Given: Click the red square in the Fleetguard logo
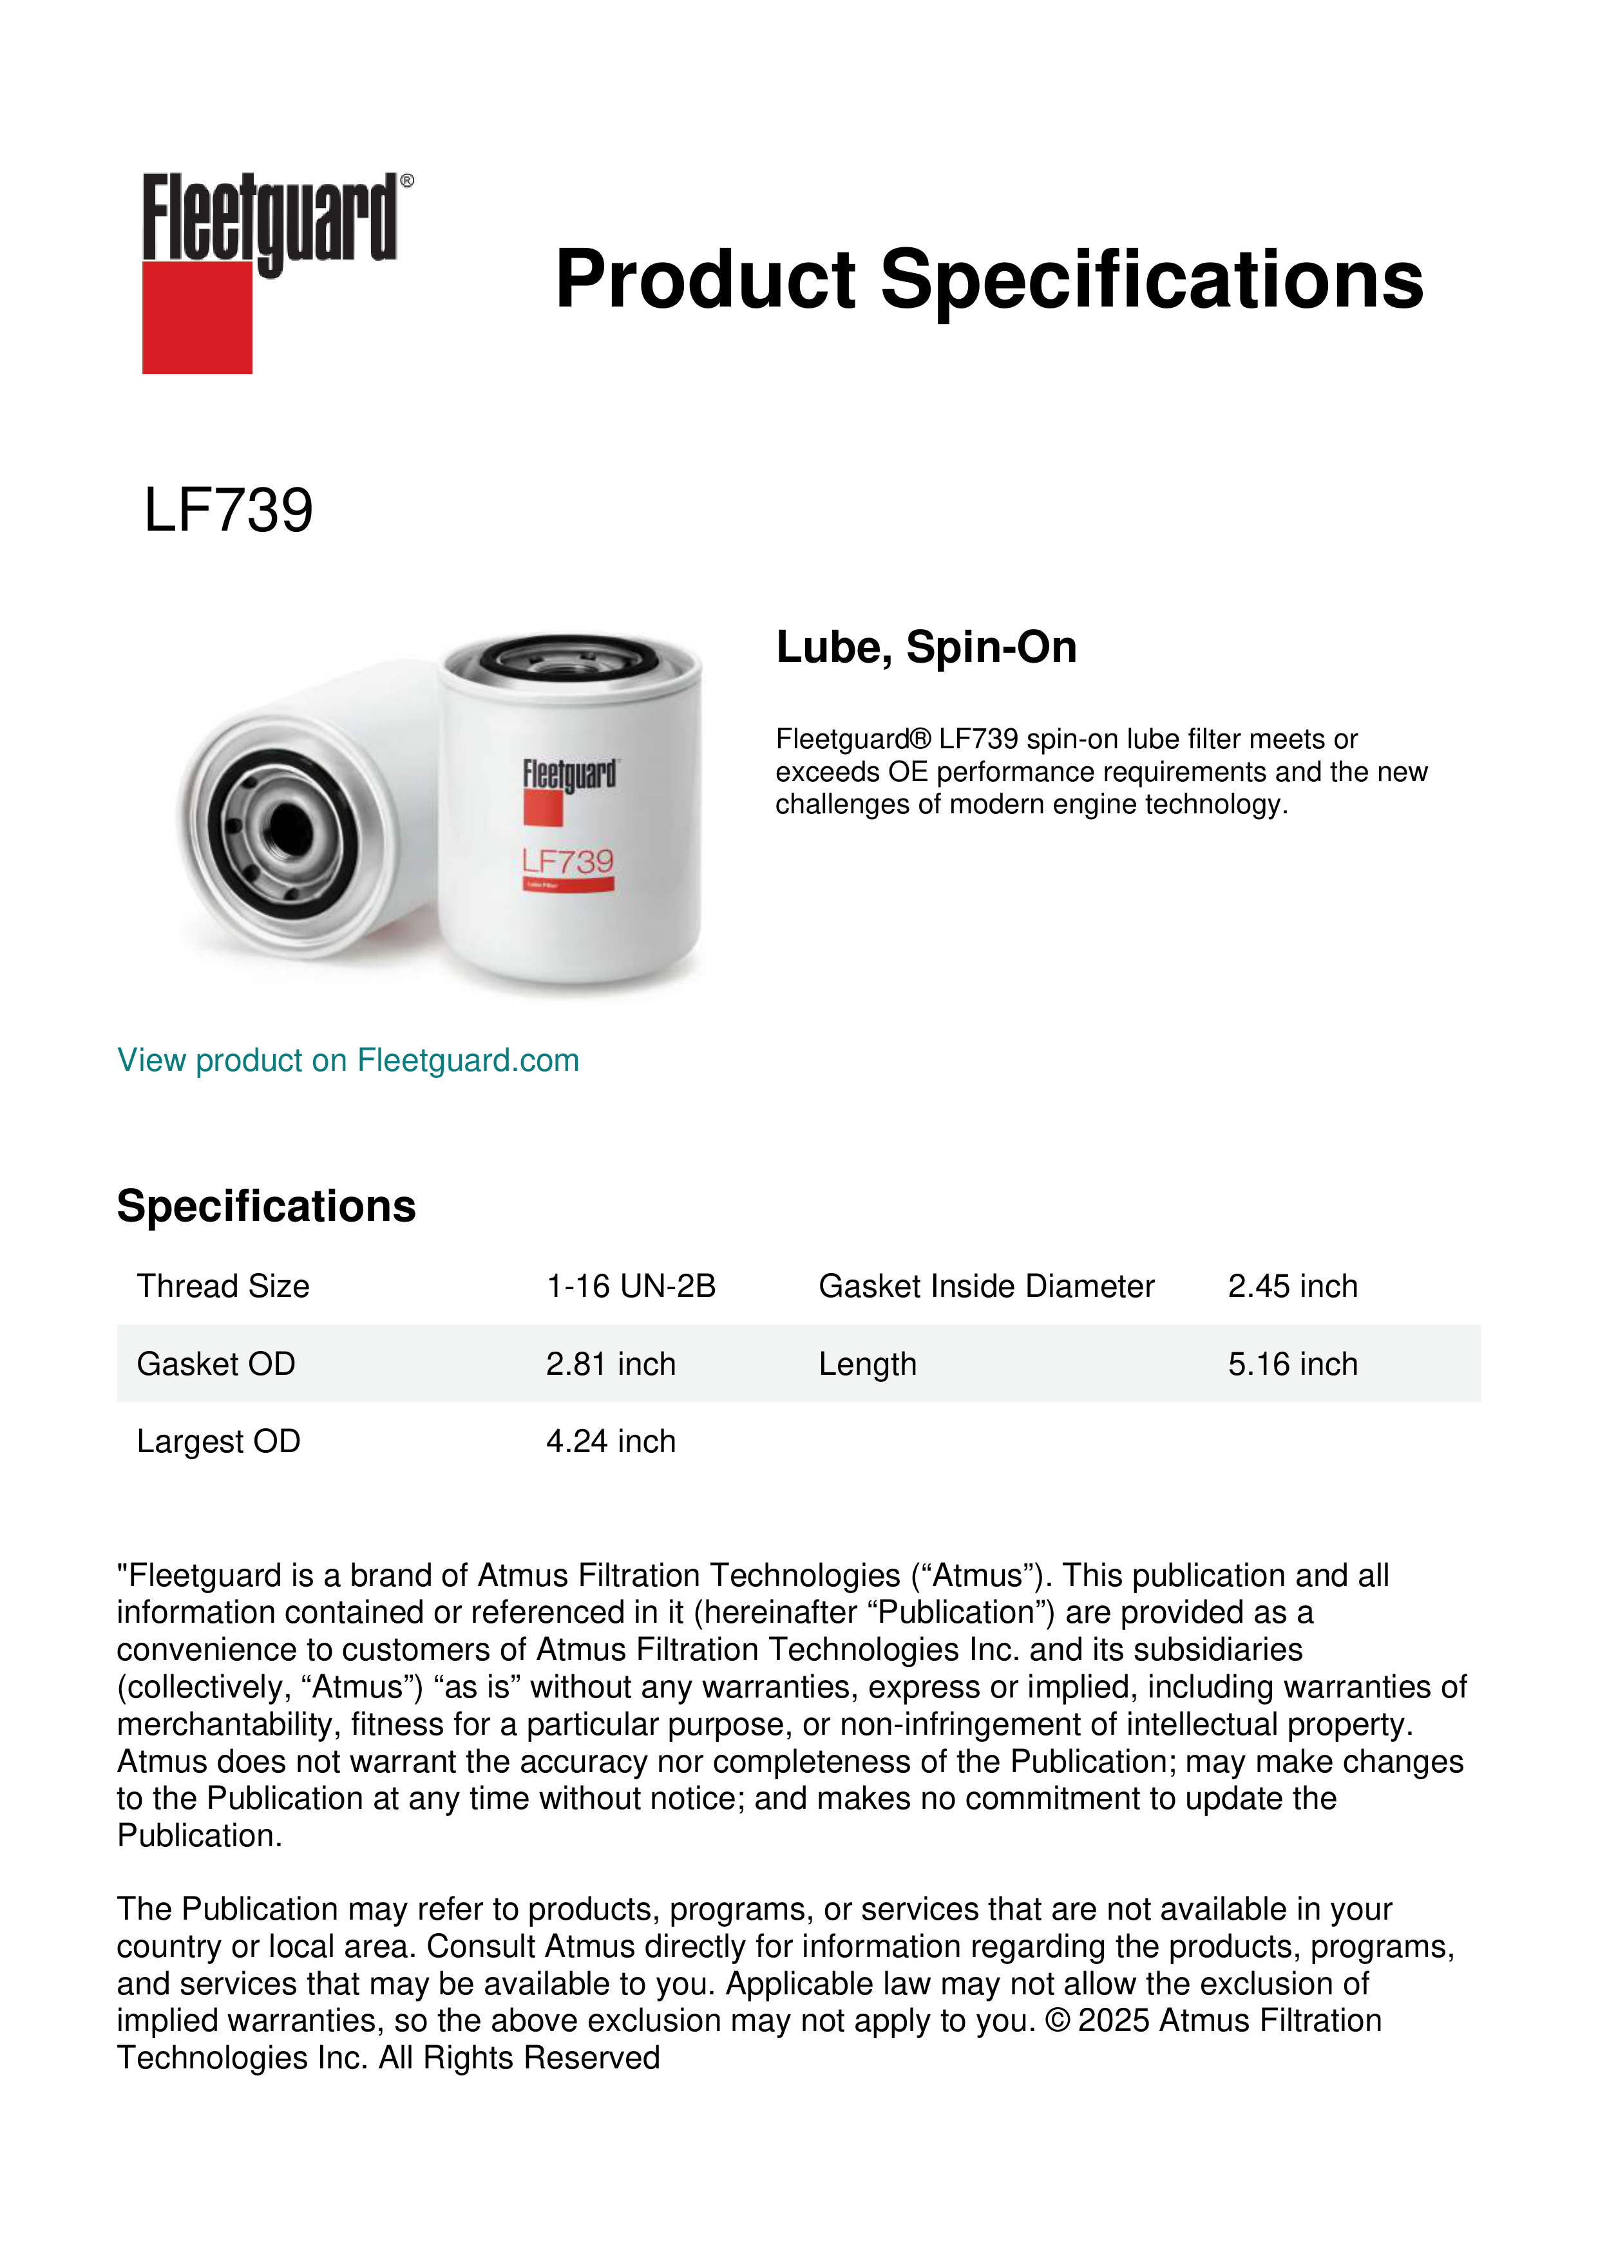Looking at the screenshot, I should click(x=197, y=317).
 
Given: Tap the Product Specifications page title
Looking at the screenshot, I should click(x=989, y=279).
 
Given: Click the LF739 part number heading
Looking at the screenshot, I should click(x=228, y=511).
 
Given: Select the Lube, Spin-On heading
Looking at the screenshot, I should click(x=926, y=647).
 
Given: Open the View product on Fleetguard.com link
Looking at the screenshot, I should click(x=347, y=1060).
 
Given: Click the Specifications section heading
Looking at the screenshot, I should click(x=265, y=1206).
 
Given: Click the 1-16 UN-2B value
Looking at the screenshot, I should click(x=631, y=1286).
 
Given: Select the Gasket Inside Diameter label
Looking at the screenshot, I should click(x=986, y=1286).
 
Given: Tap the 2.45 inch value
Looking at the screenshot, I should click(x=1292, y=1286).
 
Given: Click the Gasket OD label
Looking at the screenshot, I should click(x=216, y=1364).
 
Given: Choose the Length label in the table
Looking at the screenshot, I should click(x=867, y=1364).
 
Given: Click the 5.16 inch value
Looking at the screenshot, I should click(x=1292, y=1364).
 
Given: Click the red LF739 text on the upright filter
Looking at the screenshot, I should click(x=567, y=861).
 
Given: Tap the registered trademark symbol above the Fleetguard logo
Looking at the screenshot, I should click(x=407, y=181).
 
